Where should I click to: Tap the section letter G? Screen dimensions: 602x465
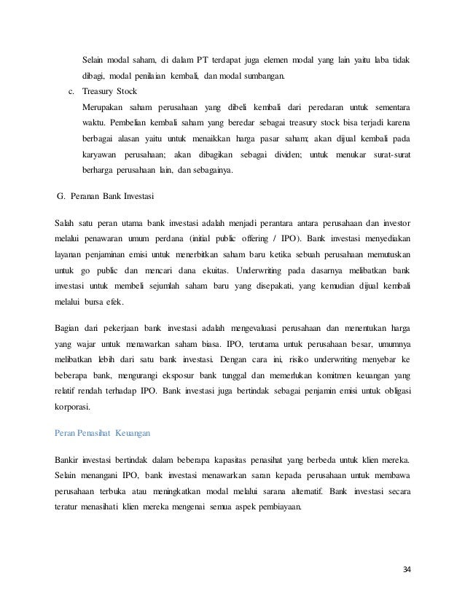click(x=60, y=197)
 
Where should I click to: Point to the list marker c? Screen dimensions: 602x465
click(x=71, y=92)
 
